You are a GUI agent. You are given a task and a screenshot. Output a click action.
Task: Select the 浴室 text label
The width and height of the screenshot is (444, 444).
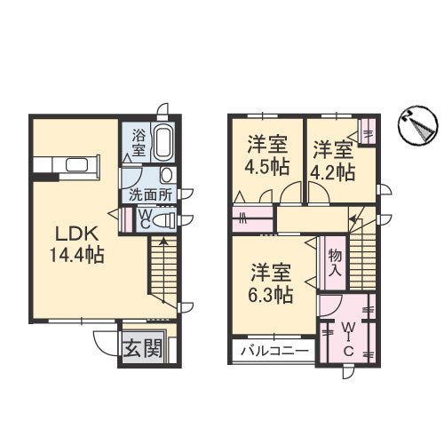click(139, 142)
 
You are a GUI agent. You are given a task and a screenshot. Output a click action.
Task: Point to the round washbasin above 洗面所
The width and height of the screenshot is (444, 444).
click(168, 175)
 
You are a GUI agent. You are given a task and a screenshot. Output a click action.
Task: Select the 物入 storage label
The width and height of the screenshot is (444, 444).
click(335, 263)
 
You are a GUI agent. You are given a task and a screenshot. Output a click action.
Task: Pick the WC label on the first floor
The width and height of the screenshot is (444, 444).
click(143, 218)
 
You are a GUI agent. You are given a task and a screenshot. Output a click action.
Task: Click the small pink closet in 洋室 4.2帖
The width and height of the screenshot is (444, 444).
click(367, 136)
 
